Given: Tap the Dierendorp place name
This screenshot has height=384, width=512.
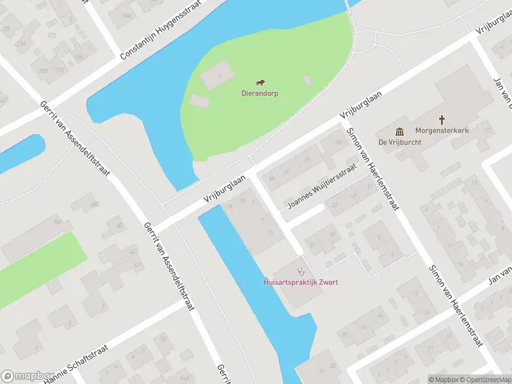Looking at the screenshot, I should (260, 93).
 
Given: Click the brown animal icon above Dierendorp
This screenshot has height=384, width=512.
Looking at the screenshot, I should (260, 83).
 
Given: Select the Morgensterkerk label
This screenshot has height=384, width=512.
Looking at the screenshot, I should (442, 131).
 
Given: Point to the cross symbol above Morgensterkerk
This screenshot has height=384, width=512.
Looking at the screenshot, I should (442, 120).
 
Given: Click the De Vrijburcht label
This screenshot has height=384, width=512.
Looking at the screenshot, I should (400, 142).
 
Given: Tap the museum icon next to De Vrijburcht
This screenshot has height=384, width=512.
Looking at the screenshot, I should (400, 131).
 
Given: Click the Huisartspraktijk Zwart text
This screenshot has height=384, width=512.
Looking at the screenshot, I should (301, 282).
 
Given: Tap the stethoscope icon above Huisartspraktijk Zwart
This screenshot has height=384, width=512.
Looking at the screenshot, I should (301, 271).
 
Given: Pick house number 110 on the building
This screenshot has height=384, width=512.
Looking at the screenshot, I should (60, 69).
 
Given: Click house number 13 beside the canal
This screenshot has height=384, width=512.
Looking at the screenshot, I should (271, 232).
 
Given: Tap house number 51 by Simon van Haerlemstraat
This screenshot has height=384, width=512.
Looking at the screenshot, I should (368, 186).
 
